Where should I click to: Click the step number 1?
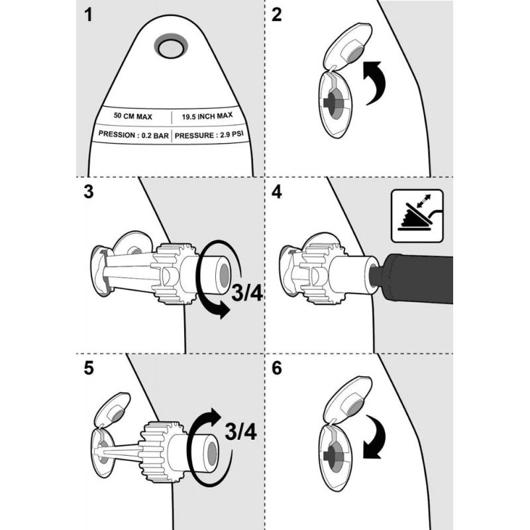pyautogui.click(x=88, y=15)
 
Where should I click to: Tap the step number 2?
pyautogui.click(x=276, y=15)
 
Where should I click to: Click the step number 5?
pyautogui.click(x=88, y=368)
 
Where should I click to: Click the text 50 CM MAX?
pyautogui.click(x=132, y=116)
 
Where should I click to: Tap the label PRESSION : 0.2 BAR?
pyautogui.click(x=133, y=135)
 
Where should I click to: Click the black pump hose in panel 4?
pyautogui.click(x=417, y=278)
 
